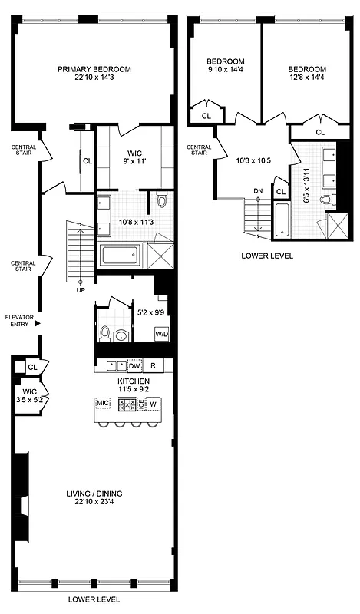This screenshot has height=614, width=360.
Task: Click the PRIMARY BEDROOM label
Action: tap(94, 69)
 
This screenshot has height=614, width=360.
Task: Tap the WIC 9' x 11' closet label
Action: tap(133, 157)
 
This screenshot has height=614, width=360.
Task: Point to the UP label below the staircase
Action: tap(81, 291)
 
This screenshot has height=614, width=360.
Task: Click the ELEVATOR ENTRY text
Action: tap(17, 320)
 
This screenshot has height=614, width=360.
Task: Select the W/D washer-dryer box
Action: tap(162, 335)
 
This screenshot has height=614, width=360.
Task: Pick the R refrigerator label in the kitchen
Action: tap(154, 366)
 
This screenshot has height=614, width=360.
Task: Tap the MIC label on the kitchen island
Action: tap(103, 403)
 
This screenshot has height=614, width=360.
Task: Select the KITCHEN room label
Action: tap(133, 381)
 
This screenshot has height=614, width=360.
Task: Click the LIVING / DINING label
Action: tap(94, 493)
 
